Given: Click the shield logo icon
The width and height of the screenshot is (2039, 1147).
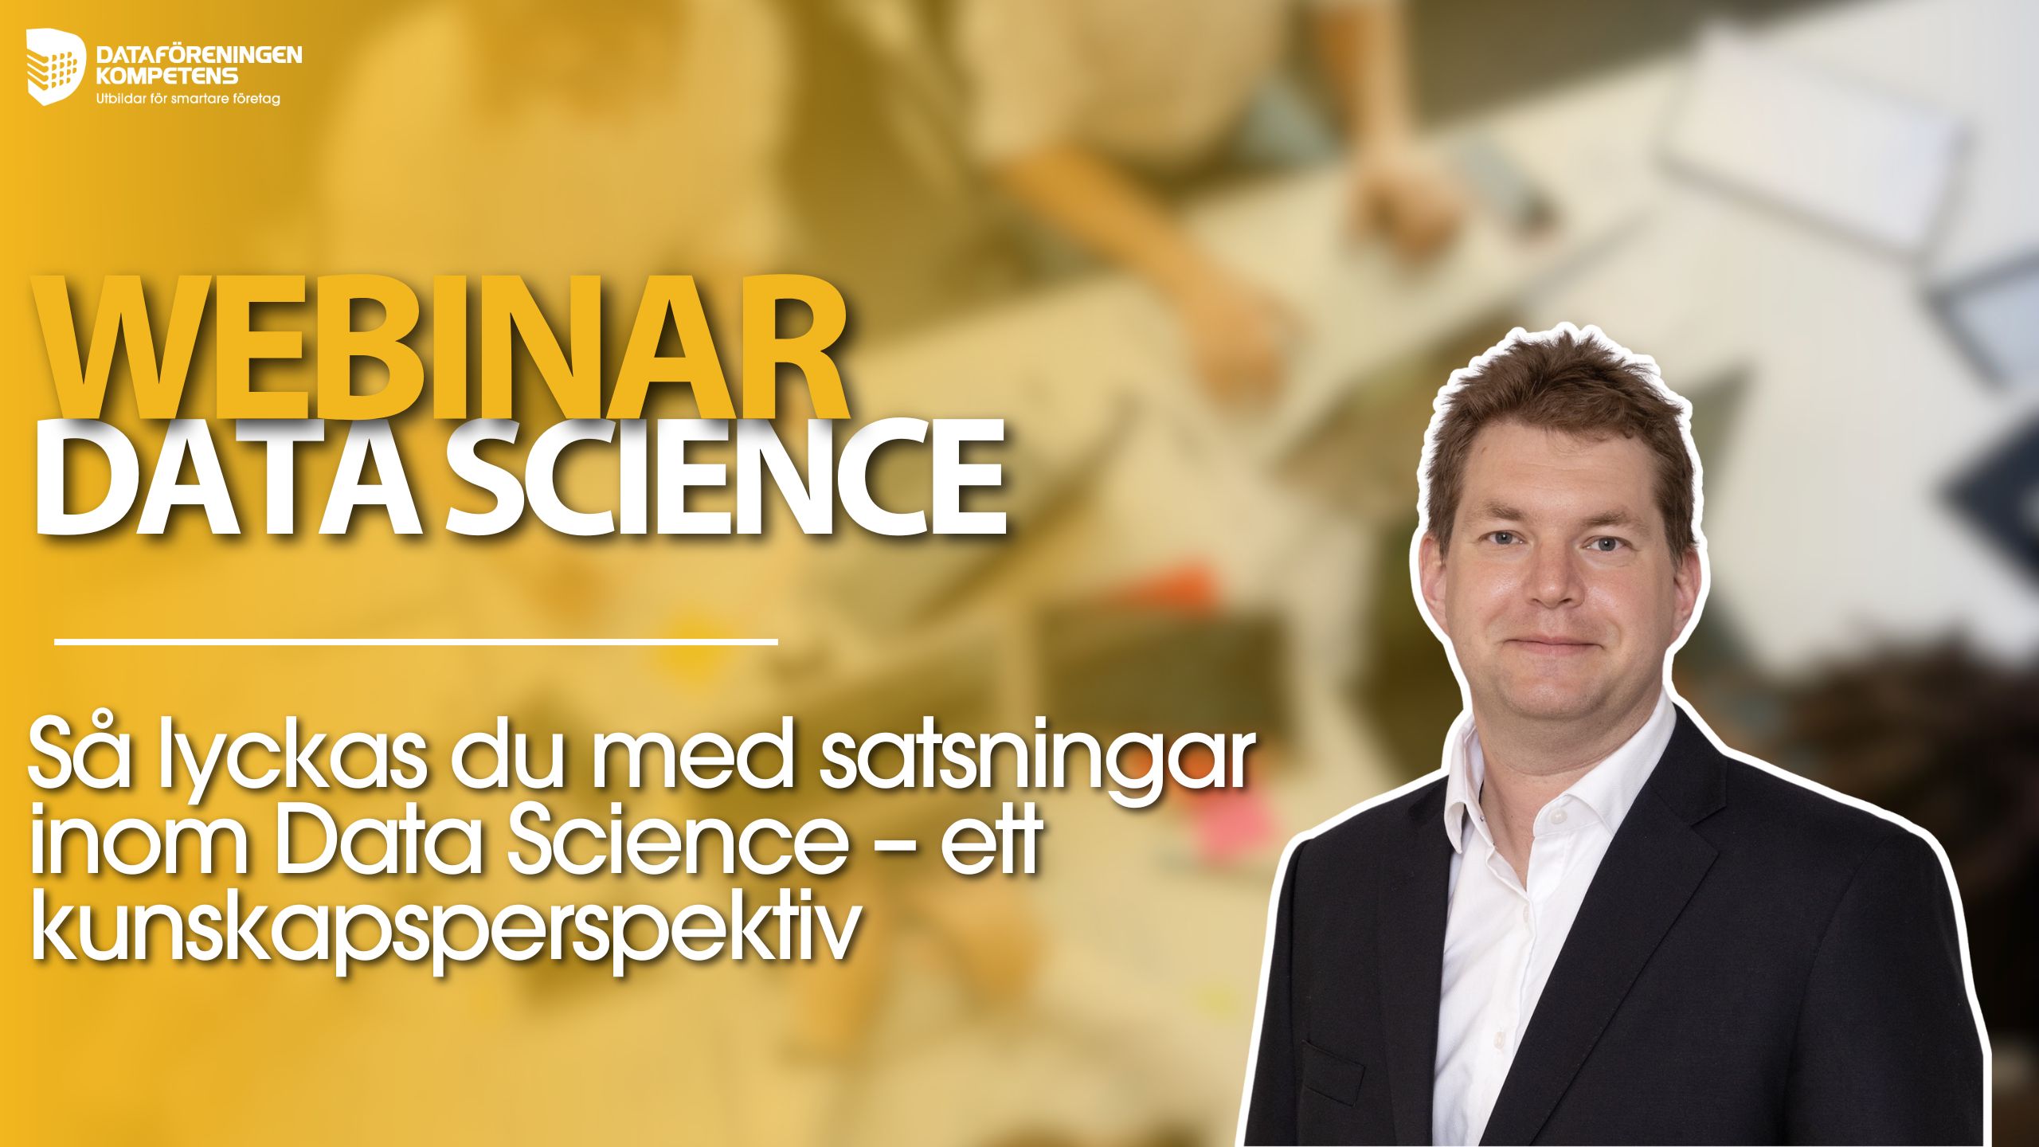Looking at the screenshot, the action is coord(56,65).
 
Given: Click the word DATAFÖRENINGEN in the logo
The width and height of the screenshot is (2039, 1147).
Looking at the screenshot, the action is coord(198,54).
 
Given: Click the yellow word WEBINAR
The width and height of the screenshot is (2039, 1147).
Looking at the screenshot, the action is coord(440,346).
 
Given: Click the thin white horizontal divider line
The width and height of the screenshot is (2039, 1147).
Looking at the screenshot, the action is coord(416,640).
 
